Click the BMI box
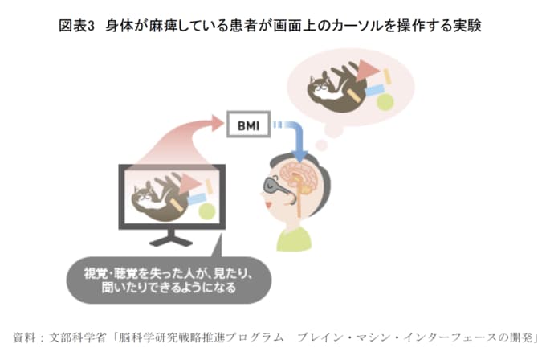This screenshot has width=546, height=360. coord(248,125)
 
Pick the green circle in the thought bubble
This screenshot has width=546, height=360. coord(385,101)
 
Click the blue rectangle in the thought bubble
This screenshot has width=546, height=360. coord(375,90)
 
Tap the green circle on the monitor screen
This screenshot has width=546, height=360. coord(207,211)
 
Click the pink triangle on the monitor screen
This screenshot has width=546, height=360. coord(189,182)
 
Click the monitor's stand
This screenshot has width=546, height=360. coord(171,238)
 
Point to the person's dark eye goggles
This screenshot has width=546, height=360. coord(275,186)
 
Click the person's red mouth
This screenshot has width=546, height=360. coord(268,204)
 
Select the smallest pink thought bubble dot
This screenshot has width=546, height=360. coord(320,145)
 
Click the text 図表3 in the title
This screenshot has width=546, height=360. coord(76,26)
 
